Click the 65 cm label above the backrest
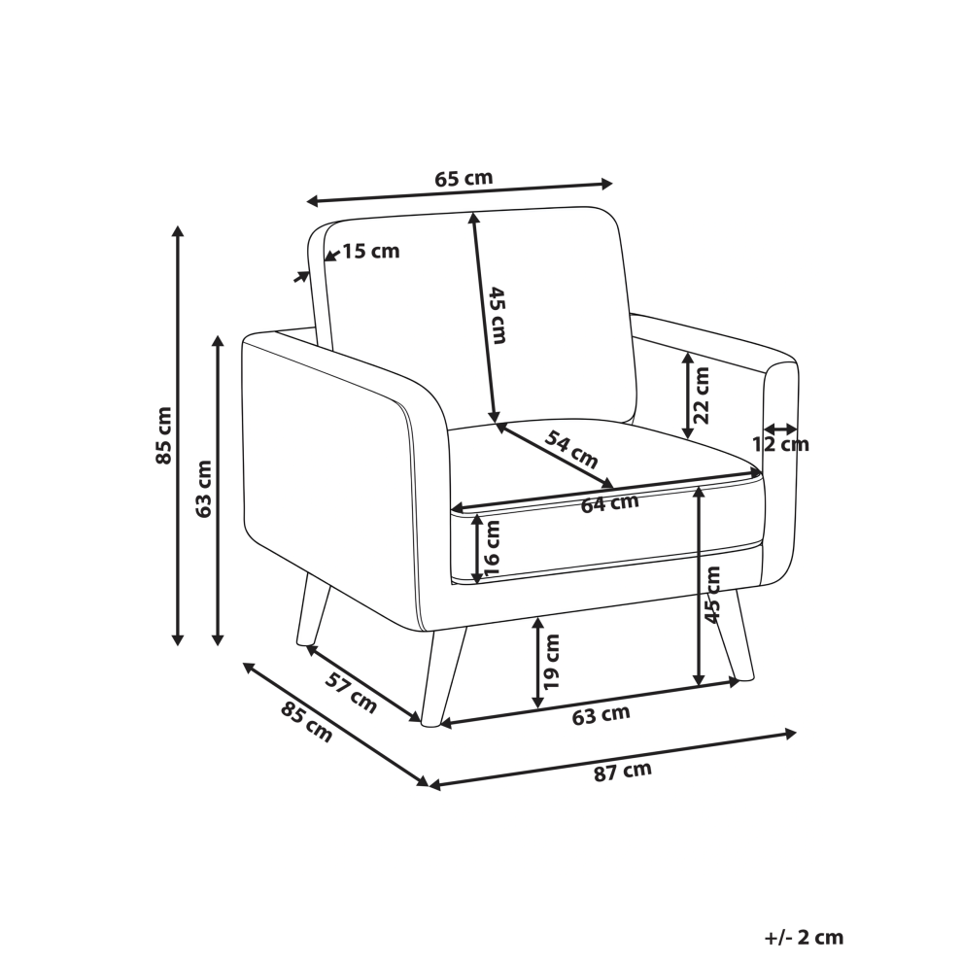click(464, 179)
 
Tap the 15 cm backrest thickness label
click(370, 251)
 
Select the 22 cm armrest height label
click(700, 395)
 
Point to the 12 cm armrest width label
click(781, 443)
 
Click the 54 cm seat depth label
click(570, 450)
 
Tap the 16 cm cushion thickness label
click(492, 548)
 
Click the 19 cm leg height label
click(551, 661)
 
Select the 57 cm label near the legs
click(351, 693)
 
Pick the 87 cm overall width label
click(623, 772)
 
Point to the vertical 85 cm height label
click(164, 435)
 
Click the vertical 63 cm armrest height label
click(204, 489)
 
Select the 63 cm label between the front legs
click(601, 715)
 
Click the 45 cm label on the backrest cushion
click(497, 316)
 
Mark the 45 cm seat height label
click(711, 595)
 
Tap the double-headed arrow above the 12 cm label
click(781, 429)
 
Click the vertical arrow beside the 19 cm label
click(538, 663)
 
